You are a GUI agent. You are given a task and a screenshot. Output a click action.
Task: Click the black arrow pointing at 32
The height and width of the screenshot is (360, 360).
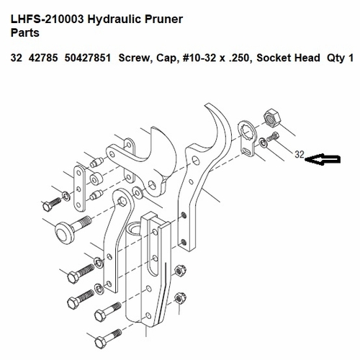[323, 163]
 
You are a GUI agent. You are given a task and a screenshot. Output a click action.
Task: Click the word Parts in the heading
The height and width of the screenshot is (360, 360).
[27, 32]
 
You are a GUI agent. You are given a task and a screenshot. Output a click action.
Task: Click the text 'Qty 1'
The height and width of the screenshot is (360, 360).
[340, 58]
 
